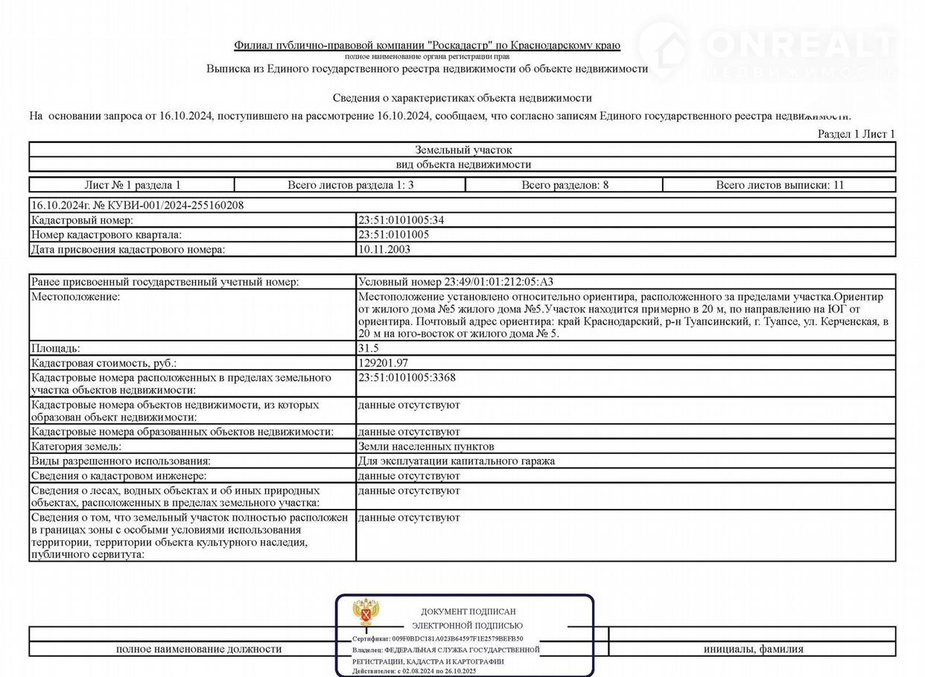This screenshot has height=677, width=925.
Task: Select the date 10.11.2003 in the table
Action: point(384,250)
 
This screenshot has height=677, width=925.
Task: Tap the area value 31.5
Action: point(367,348)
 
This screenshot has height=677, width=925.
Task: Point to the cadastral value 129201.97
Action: point(383,363)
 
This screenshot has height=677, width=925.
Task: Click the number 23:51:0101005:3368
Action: point(407,378)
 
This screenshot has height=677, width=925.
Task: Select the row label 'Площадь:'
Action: point(56,348)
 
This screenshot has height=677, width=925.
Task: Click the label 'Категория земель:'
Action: point(76,446)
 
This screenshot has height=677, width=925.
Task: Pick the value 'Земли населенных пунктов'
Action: point(426,446)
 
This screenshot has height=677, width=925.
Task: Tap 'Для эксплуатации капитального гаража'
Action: point(457,461)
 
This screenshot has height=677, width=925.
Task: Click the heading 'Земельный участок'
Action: point(463,150)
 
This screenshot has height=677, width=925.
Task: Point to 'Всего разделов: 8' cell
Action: point(565,185)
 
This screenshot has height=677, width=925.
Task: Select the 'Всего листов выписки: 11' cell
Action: point(780,185)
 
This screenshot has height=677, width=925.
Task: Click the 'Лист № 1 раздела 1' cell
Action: point(133,185)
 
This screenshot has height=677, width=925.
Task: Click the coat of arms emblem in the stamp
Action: point(366,612)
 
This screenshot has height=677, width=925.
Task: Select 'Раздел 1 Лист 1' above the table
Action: point(856,134)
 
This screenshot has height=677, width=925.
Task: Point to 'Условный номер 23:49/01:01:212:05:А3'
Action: point(456,282)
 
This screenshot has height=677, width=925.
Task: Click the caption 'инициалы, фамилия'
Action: point(754,649)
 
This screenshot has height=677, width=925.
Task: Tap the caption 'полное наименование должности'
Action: point(199,649)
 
